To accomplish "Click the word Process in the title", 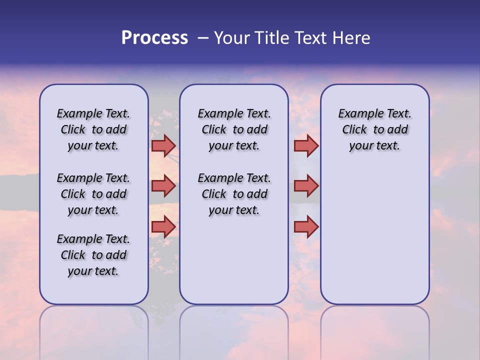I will [154, 38].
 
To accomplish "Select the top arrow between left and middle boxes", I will [163, 145].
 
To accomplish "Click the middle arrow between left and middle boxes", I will [163, 186].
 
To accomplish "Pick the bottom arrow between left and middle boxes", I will [163, 227].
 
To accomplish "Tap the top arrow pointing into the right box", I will [306, 145].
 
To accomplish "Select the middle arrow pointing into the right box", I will [306, 186].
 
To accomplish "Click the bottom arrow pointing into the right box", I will [306, 227].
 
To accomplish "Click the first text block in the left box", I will [93, 129].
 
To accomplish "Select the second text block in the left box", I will [93, 194].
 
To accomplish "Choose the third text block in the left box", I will [93, 255].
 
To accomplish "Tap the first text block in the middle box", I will [234, 129].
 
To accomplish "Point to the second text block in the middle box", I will [234, 194].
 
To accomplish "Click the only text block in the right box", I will [374, 129].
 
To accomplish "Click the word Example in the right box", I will [357, 114].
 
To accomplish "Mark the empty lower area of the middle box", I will [234, 260].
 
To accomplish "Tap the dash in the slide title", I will [202, 38].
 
